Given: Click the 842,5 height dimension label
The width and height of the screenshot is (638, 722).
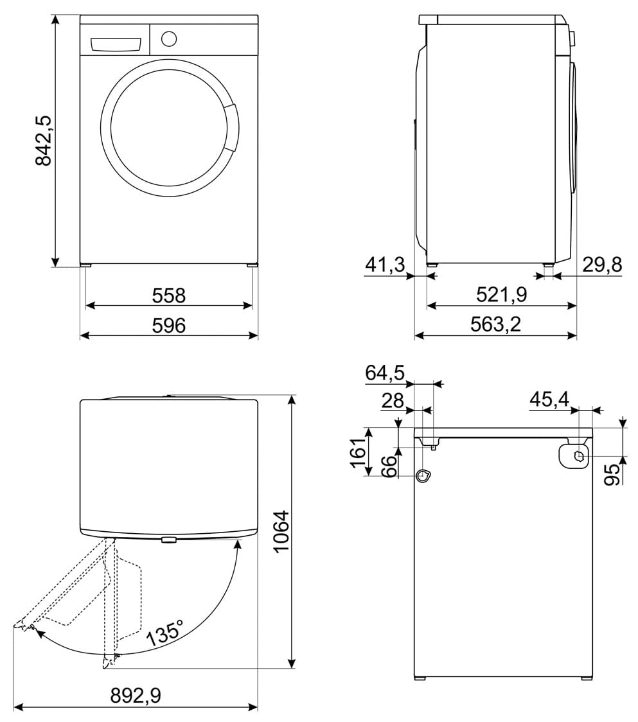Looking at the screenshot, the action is click(44, 141).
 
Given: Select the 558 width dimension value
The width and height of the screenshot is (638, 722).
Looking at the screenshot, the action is click(168, 295).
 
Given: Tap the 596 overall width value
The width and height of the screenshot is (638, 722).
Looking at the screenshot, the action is click(168, 326).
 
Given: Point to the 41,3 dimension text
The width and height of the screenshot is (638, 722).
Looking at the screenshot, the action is click(385, 265).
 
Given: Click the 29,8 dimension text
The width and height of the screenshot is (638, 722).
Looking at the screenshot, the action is click(602, 265).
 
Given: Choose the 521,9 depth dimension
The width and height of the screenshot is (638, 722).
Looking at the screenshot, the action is click(502, 294).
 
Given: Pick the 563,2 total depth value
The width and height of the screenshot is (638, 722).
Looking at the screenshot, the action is click(495, 324).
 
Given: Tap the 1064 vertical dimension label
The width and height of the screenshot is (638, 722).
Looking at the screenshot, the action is click(281, 531).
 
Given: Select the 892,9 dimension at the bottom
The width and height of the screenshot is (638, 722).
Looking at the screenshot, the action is click(136, 696).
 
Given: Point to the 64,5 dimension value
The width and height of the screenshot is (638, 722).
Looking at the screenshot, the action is click(385, 373).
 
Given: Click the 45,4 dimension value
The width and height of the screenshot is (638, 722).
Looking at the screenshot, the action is click(549, 400).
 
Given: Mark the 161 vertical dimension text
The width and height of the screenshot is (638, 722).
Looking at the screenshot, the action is click(359, 452).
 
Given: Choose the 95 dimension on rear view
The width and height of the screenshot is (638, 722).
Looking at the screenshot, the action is click(612, 475).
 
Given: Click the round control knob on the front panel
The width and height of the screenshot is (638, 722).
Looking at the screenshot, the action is click(169, 39).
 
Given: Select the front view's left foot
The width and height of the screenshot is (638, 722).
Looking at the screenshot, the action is click(85, 266).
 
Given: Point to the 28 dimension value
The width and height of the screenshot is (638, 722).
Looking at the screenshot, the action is click(393, 401).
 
